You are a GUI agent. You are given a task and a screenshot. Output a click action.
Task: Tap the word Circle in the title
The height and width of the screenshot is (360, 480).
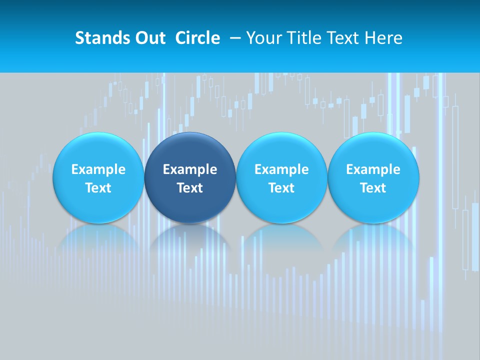tap(197, 38)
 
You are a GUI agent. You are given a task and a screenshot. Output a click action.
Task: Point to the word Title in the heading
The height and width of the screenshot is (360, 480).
tap(304, 38)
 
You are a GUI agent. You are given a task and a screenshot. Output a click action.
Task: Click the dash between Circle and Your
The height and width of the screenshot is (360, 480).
tap(233, 38)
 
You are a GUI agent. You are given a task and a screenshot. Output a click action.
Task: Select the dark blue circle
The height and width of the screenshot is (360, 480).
tap(190, 177)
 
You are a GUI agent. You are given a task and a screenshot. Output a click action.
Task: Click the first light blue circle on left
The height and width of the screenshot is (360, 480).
tap(98, 177)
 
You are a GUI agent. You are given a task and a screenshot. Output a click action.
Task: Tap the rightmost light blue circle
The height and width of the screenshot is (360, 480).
tap(373, 177)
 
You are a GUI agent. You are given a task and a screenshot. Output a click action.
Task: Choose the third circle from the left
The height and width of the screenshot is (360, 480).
tap(281, 177)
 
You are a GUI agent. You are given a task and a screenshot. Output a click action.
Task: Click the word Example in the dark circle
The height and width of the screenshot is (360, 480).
tap(190, 169)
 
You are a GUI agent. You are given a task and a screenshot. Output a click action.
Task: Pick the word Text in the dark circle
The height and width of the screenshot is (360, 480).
tap(190, 188)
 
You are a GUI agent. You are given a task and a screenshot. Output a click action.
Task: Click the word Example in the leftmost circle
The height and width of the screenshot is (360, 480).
tap(98, 169)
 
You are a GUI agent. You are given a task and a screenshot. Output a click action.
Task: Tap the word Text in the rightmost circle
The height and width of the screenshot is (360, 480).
tap(373, 188)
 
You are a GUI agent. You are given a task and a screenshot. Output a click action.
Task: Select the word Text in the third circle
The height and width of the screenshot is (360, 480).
tap(281, 188)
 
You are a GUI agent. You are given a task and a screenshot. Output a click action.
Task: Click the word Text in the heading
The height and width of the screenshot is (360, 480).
tap(343, 38)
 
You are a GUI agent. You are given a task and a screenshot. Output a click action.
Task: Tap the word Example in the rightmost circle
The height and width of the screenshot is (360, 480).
tap(373, 169)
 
